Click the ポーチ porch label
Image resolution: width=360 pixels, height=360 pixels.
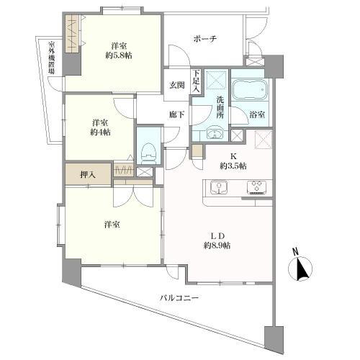pyautogui.click(x=205, y=38)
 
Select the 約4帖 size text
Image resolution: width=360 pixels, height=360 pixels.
pyautogui.click(x=101, y=132)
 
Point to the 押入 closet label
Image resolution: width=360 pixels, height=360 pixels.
pyautogui.click(x=86, y=174)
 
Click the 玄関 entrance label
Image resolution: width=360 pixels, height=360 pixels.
pyautogui.click(x=176, y=85)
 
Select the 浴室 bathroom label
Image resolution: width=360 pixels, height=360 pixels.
pyautogui.click(x=257, y=114)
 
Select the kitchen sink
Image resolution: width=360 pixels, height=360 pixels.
pyautogui.click(x=219, y=189)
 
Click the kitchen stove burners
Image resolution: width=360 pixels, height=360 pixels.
pyautogui.click(x=256, y=189)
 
